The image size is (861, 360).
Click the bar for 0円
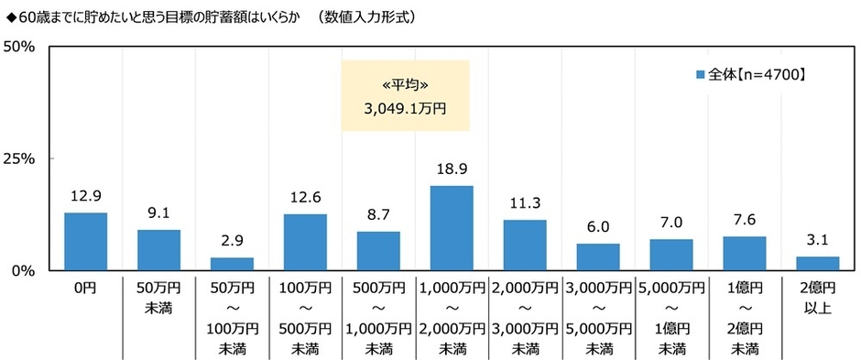[x=85, y=242]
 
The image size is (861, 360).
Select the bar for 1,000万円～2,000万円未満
[x=452, y=228]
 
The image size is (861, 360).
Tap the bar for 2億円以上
[x=818, y=264]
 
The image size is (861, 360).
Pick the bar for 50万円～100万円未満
[x=232, y=265]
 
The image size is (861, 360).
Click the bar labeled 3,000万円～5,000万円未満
[x=598, y=257]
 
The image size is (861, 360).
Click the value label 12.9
[x=85, y=196]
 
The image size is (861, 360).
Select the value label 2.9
[x=232, y=242]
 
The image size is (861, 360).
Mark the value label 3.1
[x=818, y=241]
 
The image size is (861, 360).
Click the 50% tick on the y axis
[x=19, y=47]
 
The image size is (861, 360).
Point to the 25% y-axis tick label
[x=19, y=158]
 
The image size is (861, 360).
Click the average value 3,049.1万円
[x=405, y=109]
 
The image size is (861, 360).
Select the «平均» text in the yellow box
[x=405, y=85]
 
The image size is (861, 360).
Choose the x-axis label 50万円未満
[x=158, y=296]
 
